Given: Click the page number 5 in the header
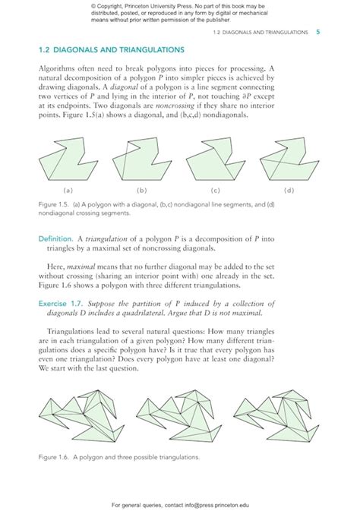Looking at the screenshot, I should (x=317, y=33).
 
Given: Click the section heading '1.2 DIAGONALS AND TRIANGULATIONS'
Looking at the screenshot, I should (x=111, y=50).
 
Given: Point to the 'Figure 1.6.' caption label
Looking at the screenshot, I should (x=53, y=458).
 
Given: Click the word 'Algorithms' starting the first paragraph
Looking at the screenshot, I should (x=61, y=67).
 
